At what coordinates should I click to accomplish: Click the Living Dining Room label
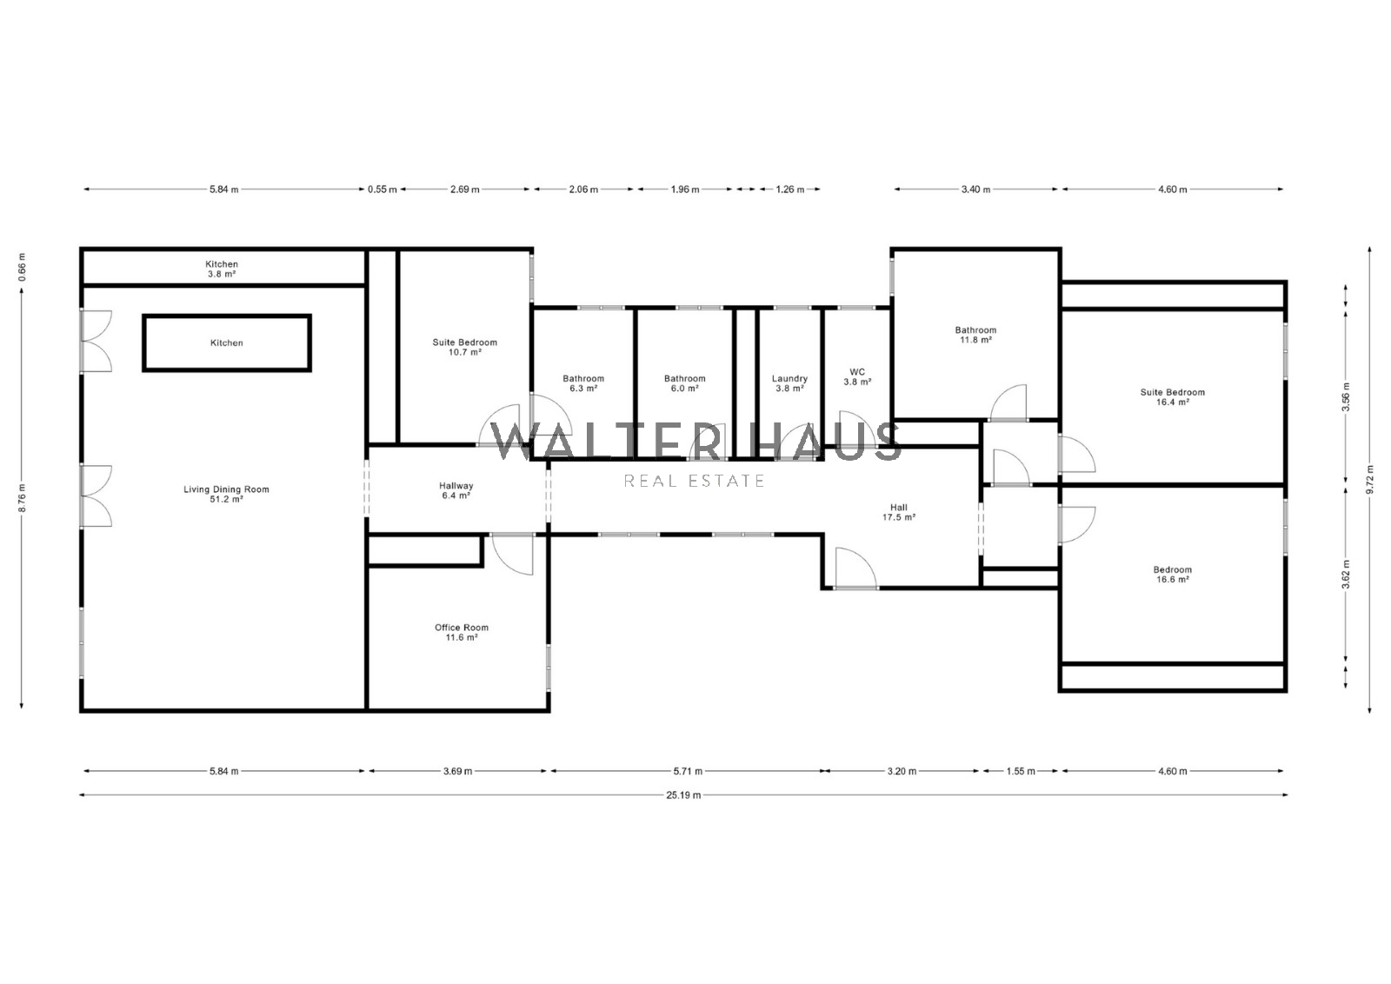(226, 494)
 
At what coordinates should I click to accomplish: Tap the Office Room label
(462, 632)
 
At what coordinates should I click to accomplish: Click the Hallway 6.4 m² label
(456, 490)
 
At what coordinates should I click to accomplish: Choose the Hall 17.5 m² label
(899, 512)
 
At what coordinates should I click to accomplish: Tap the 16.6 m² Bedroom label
(1173, 575)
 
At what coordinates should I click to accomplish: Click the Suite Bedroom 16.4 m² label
(1173, 396)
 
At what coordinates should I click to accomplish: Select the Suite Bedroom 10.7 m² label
(464, 347)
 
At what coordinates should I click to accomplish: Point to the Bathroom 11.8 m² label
(975, 335)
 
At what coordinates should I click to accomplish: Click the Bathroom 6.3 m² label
(583, 383)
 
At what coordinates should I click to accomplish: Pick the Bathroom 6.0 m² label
(684, 383)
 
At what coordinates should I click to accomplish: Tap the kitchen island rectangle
(227, 316)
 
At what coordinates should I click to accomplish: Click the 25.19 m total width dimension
(683, 795)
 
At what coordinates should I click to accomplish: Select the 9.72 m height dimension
(1369, 479)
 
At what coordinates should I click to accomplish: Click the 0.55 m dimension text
(382, 189)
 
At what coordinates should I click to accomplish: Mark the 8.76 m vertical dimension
(21, 496)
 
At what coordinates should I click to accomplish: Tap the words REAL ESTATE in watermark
(695, 481)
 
